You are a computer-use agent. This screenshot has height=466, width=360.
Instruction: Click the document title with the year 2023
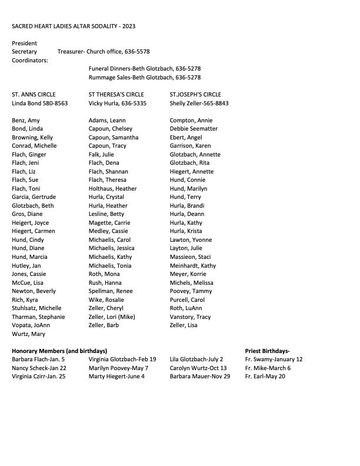(x=74, y=26)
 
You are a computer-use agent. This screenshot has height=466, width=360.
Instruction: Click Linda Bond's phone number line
(x=39, y=103)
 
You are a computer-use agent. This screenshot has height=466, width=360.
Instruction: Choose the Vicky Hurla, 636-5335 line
(x=117, y=103)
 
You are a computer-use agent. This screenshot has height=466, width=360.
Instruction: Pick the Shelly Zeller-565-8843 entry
(x=199, y=103)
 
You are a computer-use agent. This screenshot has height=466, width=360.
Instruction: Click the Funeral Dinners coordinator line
(x=145, y=68)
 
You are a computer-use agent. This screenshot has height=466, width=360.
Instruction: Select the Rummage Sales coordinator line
(x=145, y=77)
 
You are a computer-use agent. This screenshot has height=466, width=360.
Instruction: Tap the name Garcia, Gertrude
(x=34, y=197)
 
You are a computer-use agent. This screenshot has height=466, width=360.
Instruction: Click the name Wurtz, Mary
(x=28, y=334)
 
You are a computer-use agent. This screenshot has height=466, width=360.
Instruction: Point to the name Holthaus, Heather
(x=112, y=188)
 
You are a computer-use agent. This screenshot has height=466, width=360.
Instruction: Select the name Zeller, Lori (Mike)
(x=112, y=317)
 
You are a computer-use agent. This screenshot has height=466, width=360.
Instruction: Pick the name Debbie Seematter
(x=194, y=129)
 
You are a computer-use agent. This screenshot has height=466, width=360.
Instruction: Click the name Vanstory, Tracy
(x=190, y=317)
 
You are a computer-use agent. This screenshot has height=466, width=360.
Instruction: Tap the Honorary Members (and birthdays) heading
(x=59, y=351)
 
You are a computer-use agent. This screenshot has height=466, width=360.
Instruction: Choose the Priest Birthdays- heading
(x=267, y=351)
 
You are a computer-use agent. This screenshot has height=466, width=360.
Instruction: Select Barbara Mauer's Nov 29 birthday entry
(x=200, y=377)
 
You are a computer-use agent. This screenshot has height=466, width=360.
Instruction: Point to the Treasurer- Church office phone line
(x=104, y=52)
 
